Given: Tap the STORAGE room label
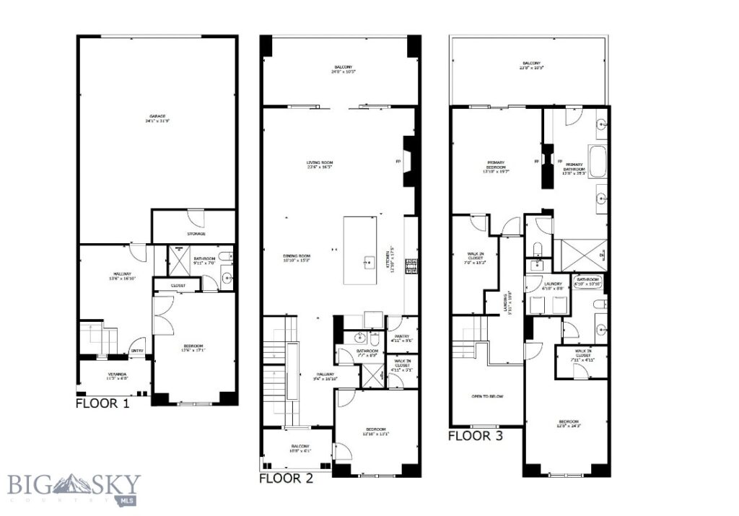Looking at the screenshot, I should coord(196,234).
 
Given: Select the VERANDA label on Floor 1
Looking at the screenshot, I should coord(113,375).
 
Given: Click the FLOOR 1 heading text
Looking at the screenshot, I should coord(102,403).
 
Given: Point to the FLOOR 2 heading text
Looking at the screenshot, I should coord(286,478).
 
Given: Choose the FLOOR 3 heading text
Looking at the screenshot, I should coord(476,436).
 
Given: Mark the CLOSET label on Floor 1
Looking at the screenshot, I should coord(178,286).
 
